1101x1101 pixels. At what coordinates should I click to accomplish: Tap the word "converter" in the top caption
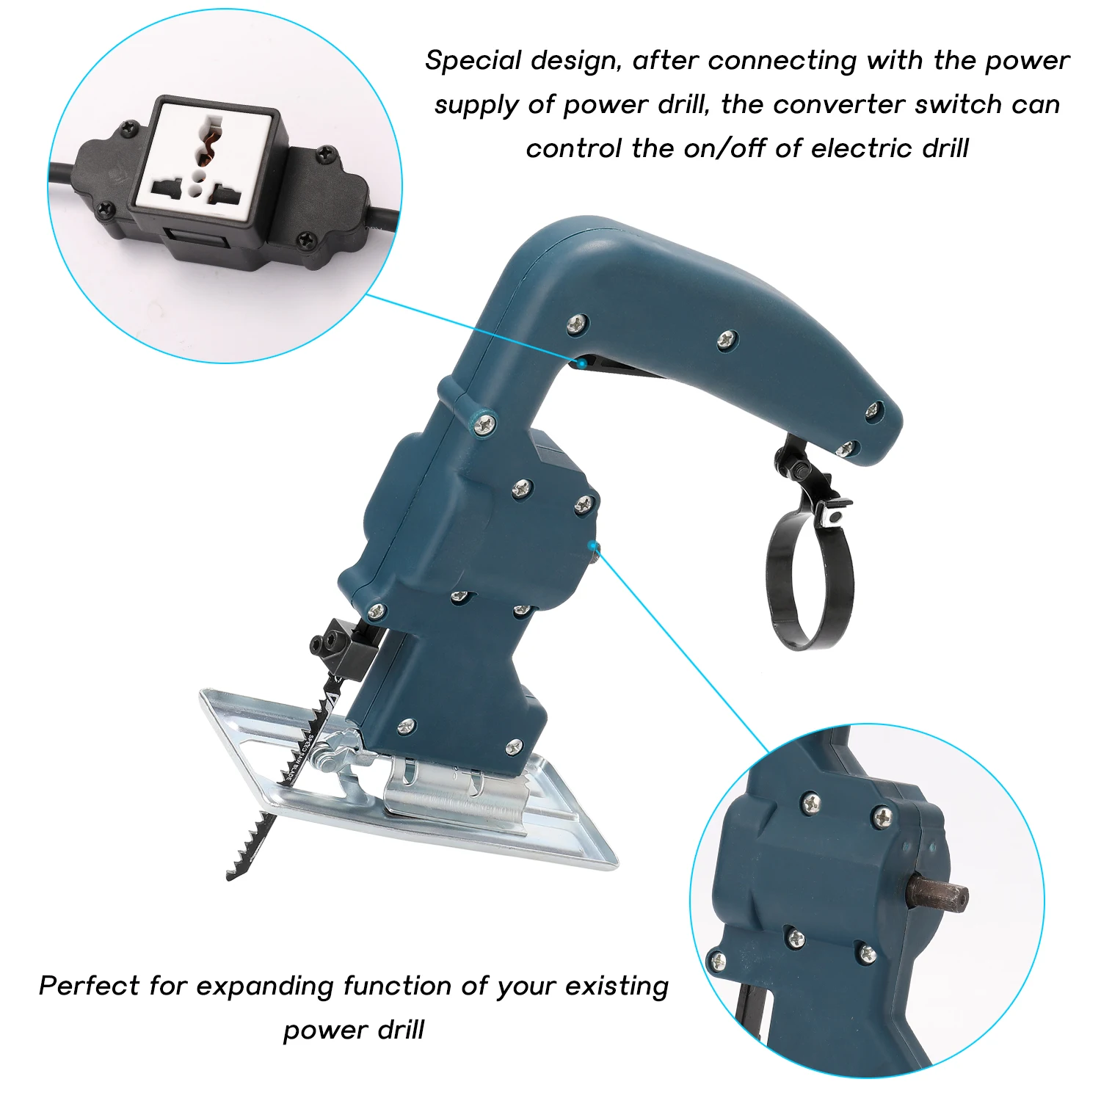coord(839,105)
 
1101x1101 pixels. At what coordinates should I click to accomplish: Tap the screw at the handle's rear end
coord(873,411)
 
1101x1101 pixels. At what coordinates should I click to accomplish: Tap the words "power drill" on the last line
coord(354,1030)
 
